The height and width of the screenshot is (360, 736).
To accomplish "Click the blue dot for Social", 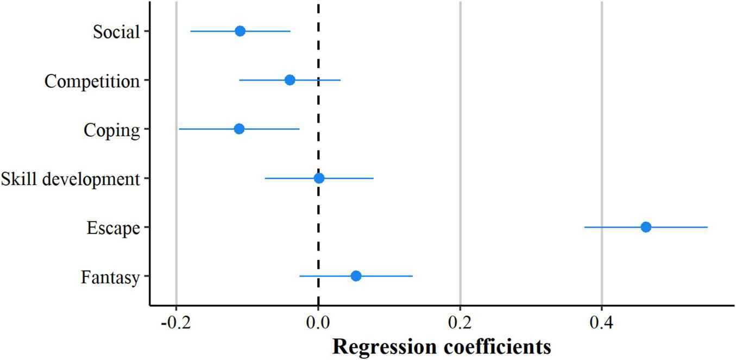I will pyautogui.click(x=240, y=31).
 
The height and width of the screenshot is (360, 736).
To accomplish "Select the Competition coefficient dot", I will pyautogui.click(x=290, y=80).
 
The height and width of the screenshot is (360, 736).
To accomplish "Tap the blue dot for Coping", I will pyautogui.click(x=239, y=129).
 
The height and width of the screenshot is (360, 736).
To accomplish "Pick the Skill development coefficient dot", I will pyautogui.click(x=319, y=178).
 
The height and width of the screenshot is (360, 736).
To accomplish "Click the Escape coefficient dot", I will pyautogui.click(x=646, y=227).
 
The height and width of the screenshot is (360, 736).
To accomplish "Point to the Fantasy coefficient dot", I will pyautogui.click(x=356, y=276).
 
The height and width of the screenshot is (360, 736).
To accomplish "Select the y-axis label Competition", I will pyautogui.click(x=92, y=81).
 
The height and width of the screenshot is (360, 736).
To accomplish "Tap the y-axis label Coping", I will pyautogui.click(x=111, y=130).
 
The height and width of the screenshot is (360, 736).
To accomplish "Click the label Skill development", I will pyautogui.click(x=71, y=179).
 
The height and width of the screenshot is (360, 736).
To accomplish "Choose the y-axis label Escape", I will pyautogui.click(x=113, y=228).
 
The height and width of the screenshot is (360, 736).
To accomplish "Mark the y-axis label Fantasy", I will pyautogui.click(x=110, y=277).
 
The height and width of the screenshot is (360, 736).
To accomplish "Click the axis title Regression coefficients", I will pyautogui.click(x=442, y=346).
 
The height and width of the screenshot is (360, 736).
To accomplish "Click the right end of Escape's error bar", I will pyautogui.click(x=708, y=227).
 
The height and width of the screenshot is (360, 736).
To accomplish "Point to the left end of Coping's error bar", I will pyautogui.click(x=179, y=129).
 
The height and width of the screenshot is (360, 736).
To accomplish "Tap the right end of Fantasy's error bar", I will pyautogui.click(x=413, y=276).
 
